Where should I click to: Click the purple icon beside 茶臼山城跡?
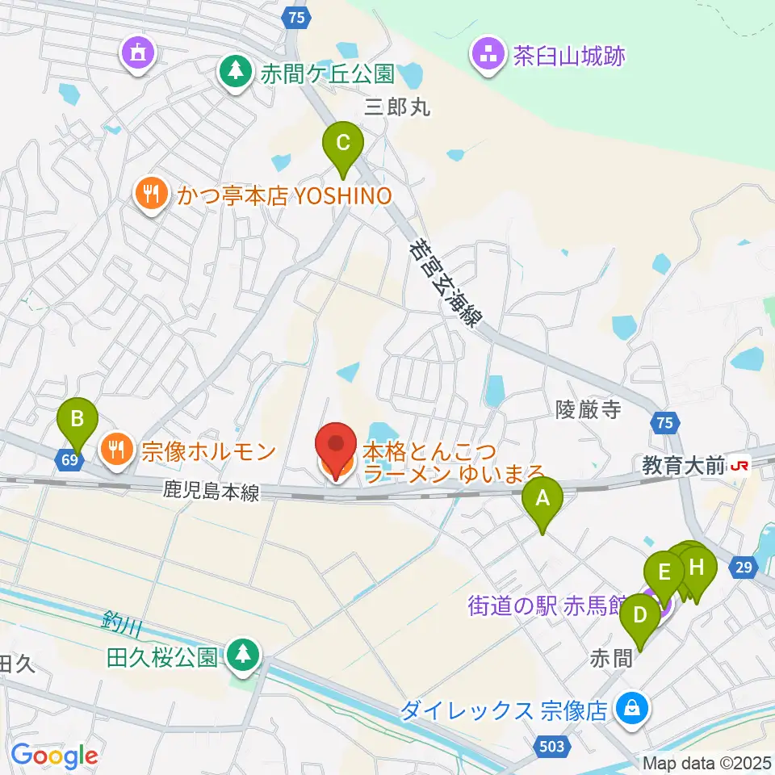tap(487, 56)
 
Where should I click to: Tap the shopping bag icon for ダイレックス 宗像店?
tap(630, 709)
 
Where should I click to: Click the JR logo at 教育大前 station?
tap(738, 465)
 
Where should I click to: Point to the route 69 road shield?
tap(69, 460)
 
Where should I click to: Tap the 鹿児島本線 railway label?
tap(212, 491)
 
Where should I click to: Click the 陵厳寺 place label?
tap(588, 410)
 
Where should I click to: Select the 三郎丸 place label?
tap(398, 107)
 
